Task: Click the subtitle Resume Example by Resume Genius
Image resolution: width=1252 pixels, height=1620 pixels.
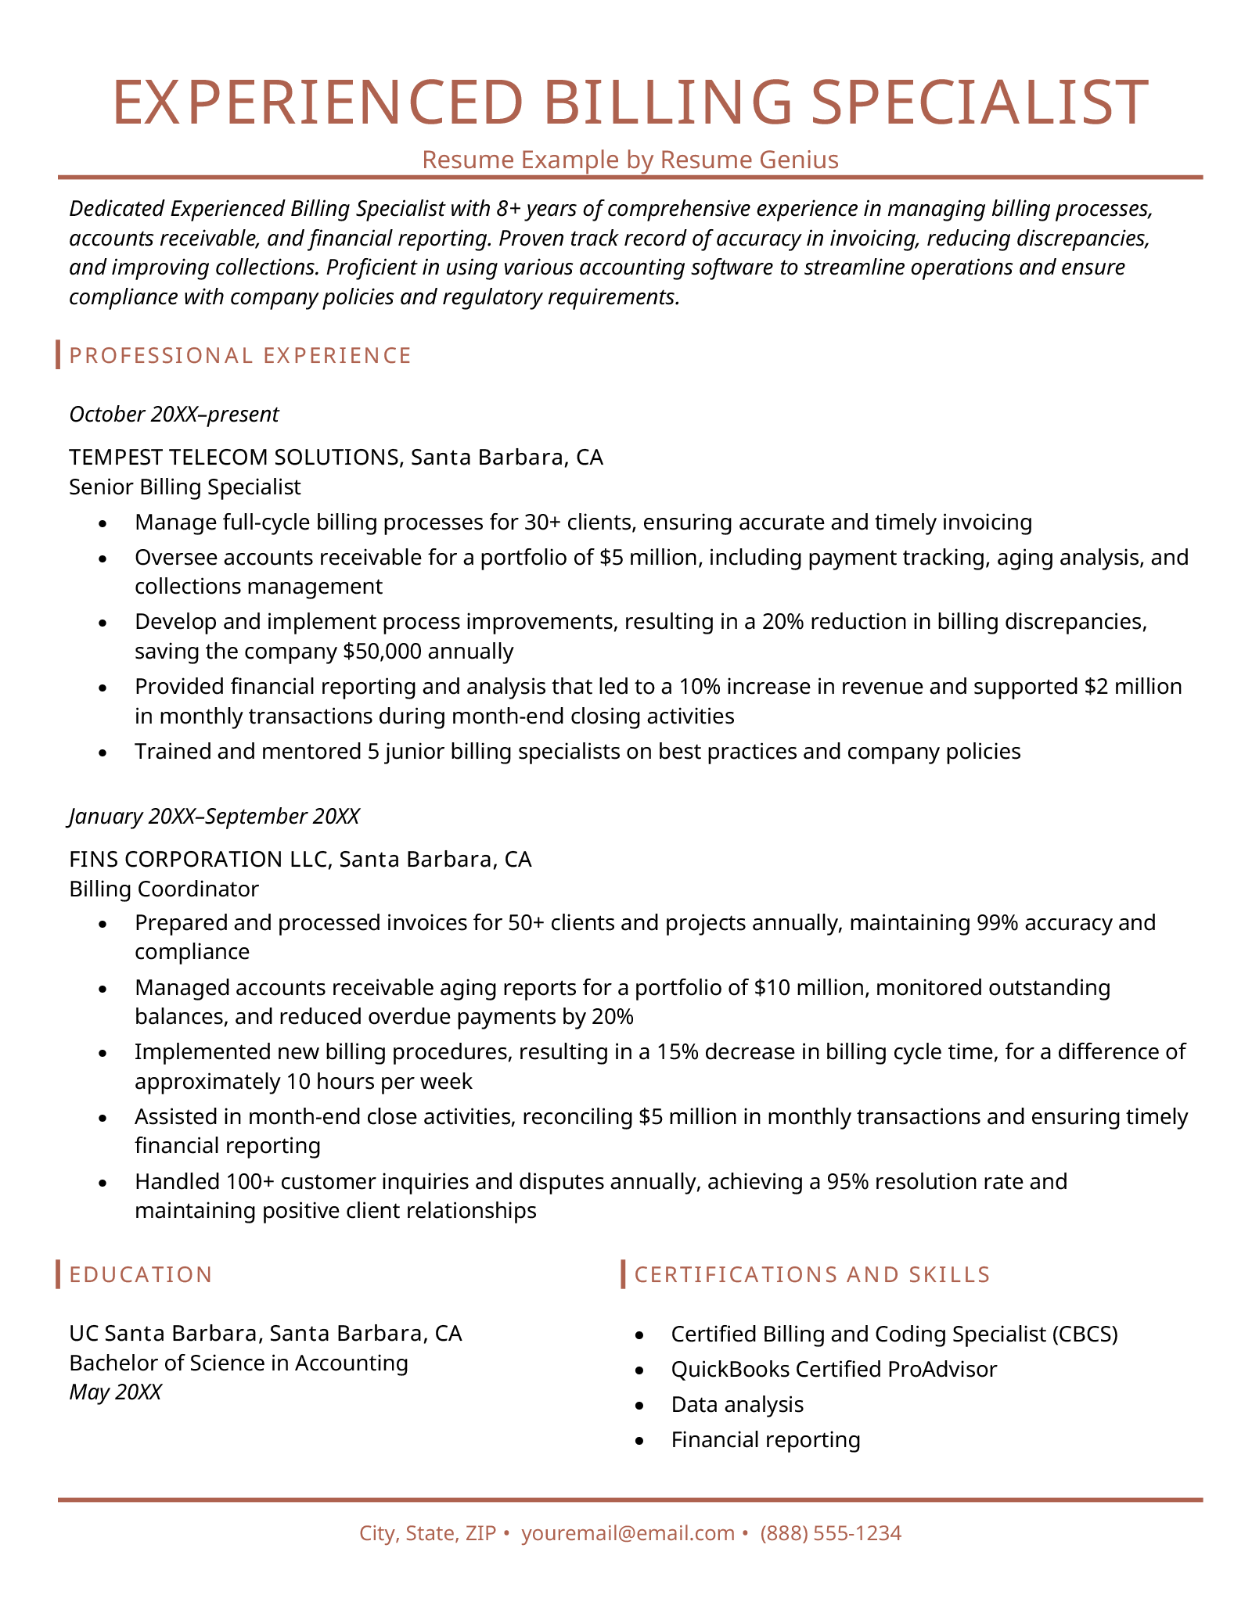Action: point(630,160)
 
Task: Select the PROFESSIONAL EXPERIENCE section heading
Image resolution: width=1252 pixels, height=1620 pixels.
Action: point(240,356)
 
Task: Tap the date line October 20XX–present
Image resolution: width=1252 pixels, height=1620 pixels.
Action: point(174,414)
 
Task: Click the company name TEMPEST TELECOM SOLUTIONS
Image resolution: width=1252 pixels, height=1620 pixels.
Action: point(233,457)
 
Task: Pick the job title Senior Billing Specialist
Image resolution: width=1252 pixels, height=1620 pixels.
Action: point(185,487)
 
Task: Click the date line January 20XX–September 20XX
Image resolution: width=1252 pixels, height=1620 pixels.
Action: point(214,817)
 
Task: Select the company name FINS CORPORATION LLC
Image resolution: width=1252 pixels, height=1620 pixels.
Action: point(200,860)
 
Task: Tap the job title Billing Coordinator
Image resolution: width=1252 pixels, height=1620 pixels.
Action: point(164,889)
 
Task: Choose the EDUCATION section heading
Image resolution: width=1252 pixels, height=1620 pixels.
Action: point(141,1275)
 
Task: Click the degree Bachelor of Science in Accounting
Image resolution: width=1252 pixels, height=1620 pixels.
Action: point(239,1363)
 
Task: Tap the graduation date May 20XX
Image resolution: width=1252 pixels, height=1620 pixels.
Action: point(115,1392)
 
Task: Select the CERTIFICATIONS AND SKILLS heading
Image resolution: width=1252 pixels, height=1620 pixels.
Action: point(812,1275)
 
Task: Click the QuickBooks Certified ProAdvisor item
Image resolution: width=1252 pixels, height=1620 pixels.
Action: point(833,1369)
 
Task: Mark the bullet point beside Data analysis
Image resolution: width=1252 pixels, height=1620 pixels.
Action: point(640,1406)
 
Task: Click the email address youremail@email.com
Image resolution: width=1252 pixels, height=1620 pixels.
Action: point(628,1533)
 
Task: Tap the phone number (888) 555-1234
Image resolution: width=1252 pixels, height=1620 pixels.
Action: point(830,1533)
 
